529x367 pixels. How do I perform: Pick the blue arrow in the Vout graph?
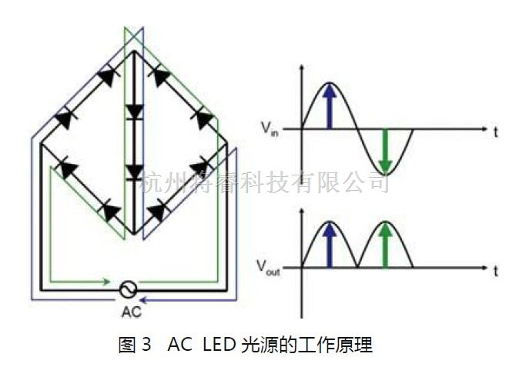(330, 244)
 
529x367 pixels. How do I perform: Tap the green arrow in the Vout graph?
(386, 244)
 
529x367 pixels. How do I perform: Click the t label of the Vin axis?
(496, 132)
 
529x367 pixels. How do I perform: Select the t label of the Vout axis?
(496, 271)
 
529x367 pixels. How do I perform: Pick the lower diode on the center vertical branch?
(135, 171)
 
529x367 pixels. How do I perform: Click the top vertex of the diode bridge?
(135, 51)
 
